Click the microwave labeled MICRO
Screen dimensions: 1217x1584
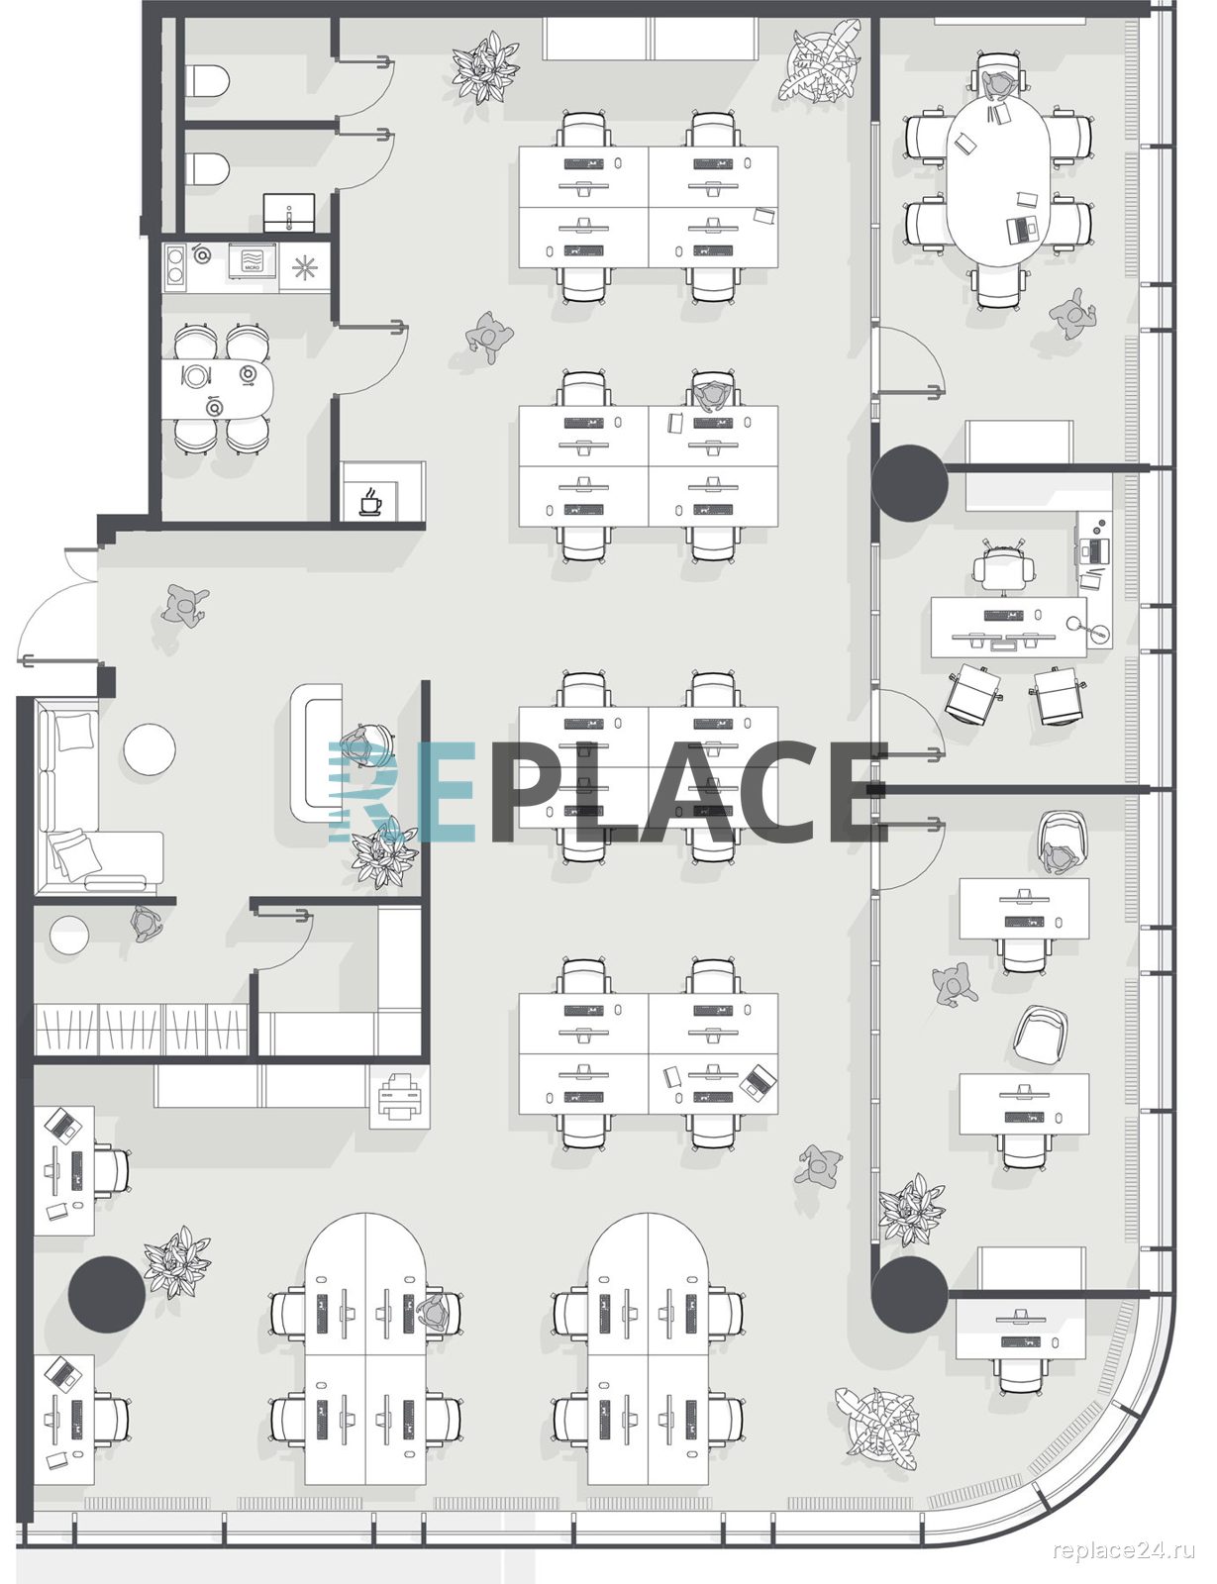point(253,261)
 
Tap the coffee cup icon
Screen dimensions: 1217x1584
point(370,502)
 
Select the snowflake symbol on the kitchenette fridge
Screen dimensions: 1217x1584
point(304,267)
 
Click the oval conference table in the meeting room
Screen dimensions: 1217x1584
point(997,181)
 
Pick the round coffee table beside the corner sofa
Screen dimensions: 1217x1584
point(150,747)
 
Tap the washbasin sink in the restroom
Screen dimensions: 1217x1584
point(289,213)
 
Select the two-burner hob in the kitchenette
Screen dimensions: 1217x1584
point(174,266)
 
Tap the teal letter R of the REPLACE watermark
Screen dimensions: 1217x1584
point(362,792)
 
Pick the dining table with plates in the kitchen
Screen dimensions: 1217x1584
point(217,389)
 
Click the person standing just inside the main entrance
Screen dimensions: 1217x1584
point(184,605)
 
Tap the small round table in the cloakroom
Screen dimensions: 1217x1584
point(69,936)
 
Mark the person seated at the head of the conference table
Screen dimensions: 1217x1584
point(997,84)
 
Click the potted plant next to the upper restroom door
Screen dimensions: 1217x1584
point(484,67)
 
